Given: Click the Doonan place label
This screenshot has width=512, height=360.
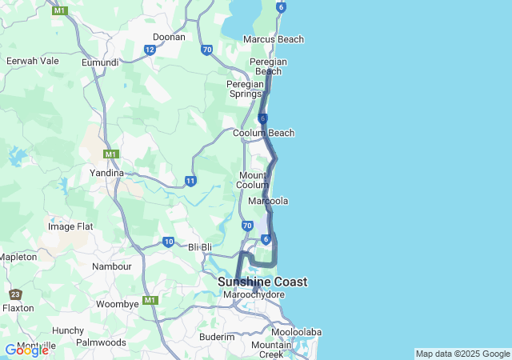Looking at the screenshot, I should click(x=169, y=37).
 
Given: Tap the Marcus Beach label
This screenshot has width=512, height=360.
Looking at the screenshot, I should click(x=273, y=39).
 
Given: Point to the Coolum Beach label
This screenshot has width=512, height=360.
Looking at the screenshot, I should click(x=263, y=133).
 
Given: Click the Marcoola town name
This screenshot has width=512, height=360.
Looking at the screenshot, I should click(x=268, y=201).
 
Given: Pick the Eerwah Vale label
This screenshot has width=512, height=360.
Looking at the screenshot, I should click(x=32, y=61).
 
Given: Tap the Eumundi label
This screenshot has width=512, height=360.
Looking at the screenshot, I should click(x=100, y=62).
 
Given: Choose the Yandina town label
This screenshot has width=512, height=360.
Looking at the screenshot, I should click(x=106, y=173).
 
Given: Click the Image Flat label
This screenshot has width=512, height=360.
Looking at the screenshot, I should click(x=70, y=226).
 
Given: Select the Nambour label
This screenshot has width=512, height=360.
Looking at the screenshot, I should click(x=111, y=266).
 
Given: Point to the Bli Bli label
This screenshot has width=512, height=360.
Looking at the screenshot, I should click(x=203, y=247).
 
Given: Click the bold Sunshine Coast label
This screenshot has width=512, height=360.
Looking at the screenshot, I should click(x=262, y=282).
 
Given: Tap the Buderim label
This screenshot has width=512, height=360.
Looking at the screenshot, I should click(x=217, y=338).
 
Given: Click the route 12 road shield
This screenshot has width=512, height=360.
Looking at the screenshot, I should click(x=150, y=50).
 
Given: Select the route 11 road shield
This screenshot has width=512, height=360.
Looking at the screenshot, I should click(x=190, y=181).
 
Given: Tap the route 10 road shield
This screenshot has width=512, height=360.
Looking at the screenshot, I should click(x=168, y=242).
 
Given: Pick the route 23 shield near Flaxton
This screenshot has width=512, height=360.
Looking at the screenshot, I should click(x=17, y=294).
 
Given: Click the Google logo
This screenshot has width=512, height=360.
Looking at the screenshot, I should click(x=26, y=350).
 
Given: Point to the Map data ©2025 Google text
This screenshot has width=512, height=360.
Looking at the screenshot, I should click(x=462, y=354).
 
